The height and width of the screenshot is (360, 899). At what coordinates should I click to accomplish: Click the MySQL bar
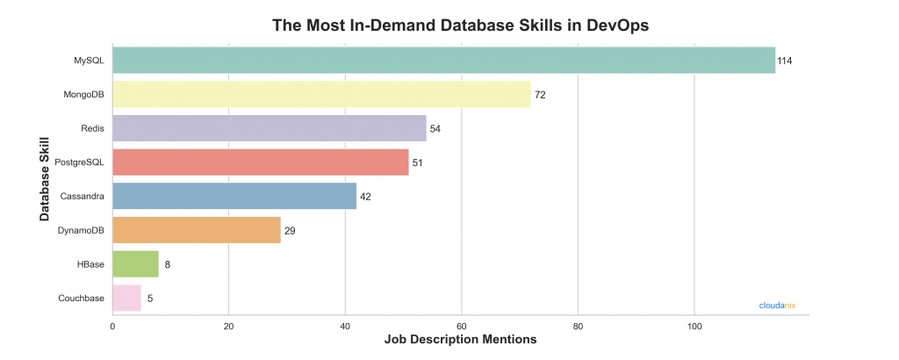tap(443, 60)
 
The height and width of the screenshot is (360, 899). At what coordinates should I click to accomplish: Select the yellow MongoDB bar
tap(321, 94)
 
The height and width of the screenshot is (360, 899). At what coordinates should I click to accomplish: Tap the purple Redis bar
tap(270, 128)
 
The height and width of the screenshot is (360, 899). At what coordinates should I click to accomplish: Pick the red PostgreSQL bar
tap(261, 162)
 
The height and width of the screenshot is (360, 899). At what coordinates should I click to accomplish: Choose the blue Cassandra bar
tap(234, 196)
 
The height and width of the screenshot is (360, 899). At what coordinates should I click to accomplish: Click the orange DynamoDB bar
tap(197, 230)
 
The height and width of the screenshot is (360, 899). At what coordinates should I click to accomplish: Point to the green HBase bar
tap(135, 263)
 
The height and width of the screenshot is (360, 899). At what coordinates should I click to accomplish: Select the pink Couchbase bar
tap(126, 298)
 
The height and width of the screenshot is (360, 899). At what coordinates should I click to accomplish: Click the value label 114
tap(785, 61)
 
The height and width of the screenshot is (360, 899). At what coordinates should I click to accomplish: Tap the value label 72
tap(540, 95)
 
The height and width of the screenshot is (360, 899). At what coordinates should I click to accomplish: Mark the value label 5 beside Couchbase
tap(150, 299)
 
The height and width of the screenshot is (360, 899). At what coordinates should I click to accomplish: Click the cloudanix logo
tap(777, 306)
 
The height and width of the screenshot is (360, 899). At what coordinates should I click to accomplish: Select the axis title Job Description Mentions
tap(461, 339)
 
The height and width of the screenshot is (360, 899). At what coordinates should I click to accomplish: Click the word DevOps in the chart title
tap(620, 25)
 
